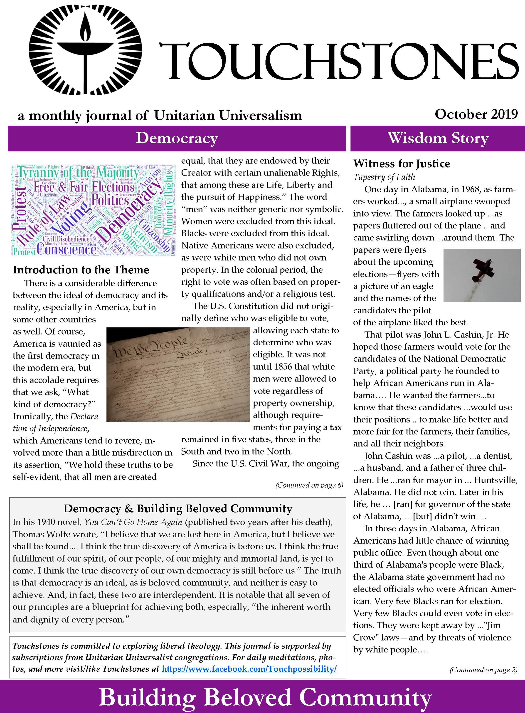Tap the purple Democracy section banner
pos(177,138)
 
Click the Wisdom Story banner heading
pos(438,138)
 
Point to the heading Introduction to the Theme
pos(81,270)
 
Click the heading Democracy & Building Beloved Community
pos(178,509)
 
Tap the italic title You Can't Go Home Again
pos(133,522)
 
